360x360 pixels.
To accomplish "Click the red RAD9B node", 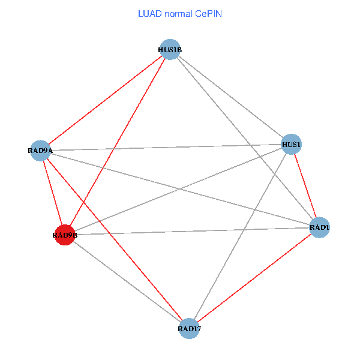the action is point(64,235).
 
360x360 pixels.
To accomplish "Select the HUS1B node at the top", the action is point(170,50).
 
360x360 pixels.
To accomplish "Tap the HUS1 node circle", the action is point(291,144).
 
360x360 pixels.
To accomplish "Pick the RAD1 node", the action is point(320,227).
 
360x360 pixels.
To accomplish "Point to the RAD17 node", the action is point(189,328).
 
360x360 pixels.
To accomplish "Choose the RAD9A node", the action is point(40,150).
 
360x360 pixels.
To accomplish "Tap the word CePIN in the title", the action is point(208,13).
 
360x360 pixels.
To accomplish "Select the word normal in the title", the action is point(177,13).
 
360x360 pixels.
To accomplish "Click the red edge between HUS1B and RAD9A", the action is point(105,100).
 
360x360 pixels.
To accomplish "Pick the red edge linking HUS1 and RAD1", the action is point(305,186).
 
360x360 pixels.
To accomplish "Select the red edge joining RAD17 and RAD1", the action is point(254,278).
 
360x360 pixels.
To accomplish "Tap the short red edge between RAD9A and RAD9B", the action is point(52,192).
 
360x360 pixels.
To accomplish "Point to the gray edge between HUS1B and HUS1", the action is point(230,97).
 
